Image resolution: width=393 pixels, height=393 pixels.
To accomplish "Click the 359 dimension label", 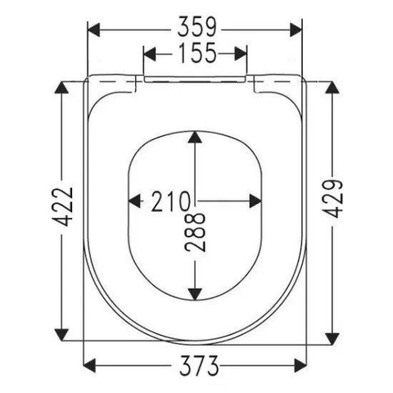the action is pos(196,27).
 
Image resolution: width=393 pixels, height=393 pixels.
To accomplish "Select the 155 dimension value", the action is pos(197,52).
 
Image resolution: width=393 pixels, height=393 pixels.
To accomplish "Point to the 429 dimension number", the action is pos(332,198).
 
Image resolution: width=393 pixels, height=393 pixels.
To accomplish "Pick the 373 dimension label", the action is pos(199,365).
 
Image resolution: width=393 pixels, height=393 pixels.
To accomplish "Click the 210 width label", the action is pos(171,201).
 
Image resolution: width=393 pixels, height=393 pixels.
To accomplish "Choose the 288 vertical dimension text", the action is pos(195,233).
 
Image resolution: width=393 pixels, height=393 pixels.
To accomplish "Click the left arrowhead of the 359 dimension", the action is pos(93,29).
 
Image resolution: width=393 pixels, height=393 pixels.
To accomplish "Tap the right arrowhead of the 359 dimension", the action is pos(296,29).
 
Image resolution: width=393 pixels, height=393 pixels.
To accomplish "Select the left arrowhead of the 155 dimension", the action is pos(150,54).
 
